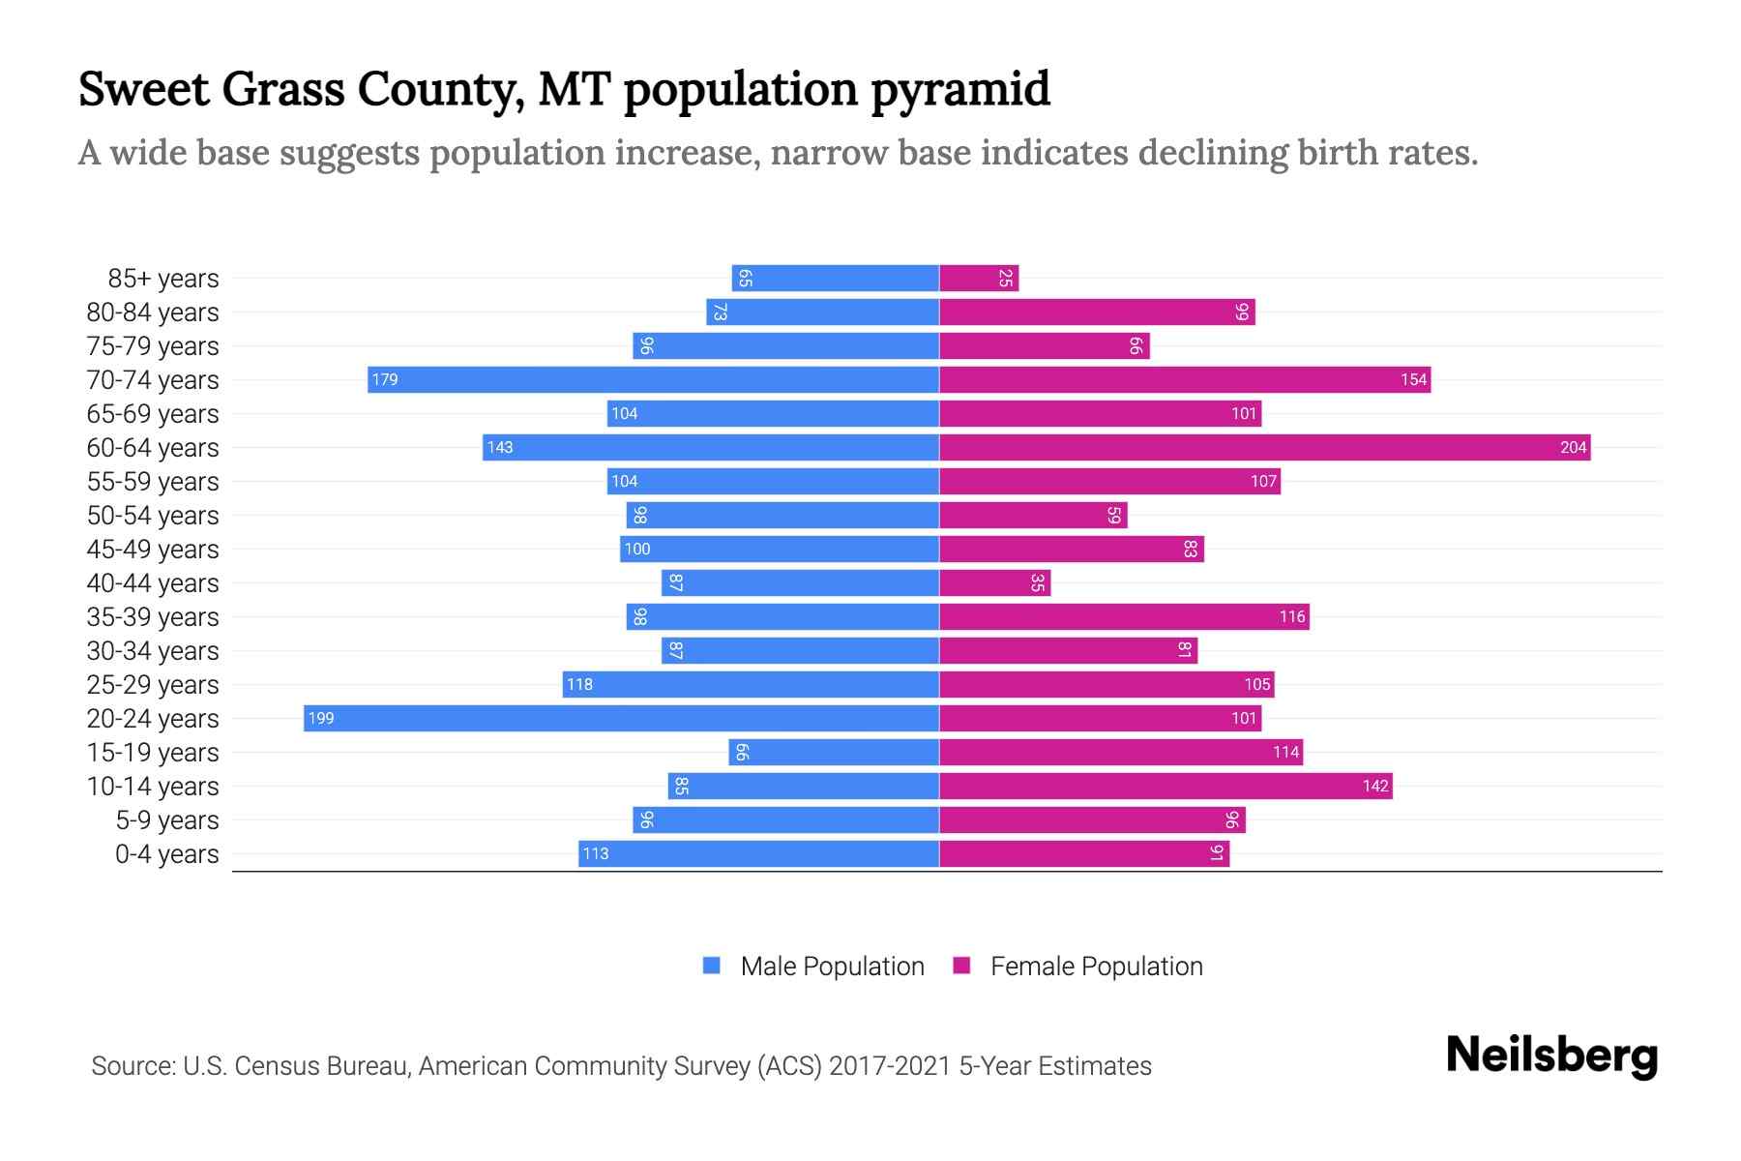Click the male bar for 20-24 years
pyautogui.click(x=621, y=718)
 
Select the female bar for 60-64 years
pyautogui.click(x=1264, y=447)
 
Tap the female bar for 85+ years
pyautogui.click(x=979, y=279)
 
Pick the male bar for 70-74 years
pyautogui.click(x=653, y=379)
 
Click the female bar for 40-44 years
pyautogui.click(x=994, y=582)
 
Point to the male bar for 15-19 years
pyautogui.click(x=834, y=752)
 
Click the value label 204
pyautogui.click(x=1573, y=447)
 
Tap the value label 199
pyautogui.click(x=321, y=718)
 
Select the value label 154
pyautogui.click(x=1413, y=379)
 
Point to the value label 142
pyautogui.click(x=1375, y=786)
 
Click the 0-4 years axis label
pyautogui.click(x=166, y=854)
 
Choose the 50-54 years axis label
pyautogui.click(x=153, y=516)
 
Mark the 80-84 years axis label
pyautogui.click(x=153, y=313)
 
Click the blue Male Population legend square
pyautogui.click(x=712, y=966)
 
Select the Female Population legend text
pyautogui.click(x=1096, y=967)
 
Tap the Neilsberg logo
pyautogui.click(x=1551, y=1056)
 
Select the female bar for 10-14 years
pyautogui.click(x=1166, y=786)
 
